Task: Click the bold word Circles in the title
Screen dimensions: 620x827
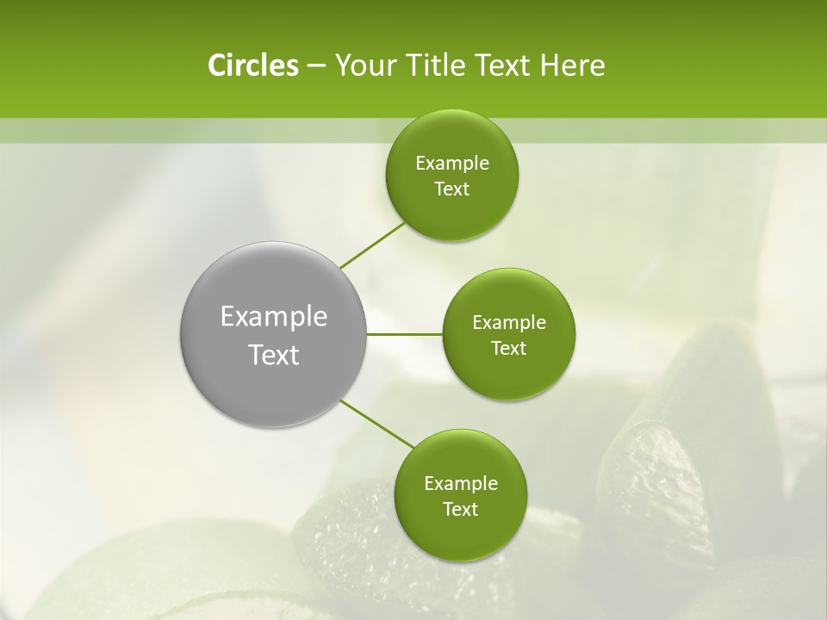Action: [252, 65]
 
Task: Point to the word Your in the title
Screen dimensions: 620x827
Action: [361, 65]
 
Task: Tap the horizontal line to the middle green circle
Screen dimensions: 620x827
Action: [404, 334]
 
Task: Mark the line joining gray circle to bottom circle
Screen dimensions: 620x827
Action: [377, 423]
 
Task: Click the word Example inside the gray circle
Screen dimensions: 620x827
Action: [274, 317]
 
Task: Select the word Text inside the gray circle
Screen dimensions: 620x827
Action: [274, 355]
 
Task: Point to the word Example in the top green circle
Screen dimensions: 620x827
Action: [451, 164]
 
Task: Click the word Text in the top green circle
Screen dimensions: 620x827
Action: [451, 189]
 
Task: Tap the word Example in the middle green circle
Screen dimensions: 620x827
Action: [508, 323]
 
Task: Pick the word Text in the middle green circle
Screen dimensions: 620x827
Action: [508, 349]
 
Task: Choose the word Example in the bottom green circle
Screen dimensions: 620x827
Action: [460, 484]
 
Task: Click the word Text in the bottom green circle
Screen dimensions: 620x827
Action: [460, 510]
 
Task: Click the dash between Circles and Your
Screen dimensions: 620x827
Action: [315, 66]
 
